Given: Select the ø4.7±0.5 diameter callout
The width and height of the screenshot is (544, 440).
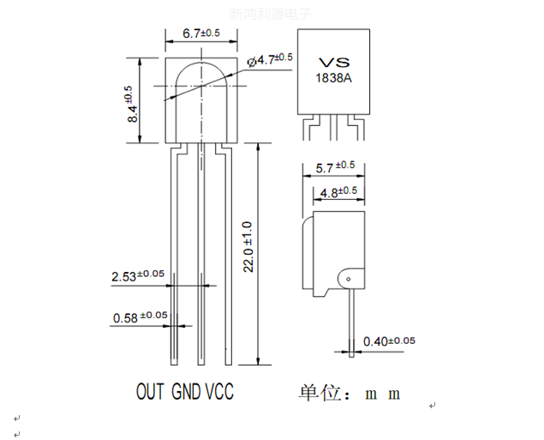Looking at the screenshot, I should [x=271, y=60].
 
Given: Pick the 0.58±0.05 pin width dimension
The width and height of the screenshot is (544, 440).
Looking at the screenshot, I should [x=140, y=317].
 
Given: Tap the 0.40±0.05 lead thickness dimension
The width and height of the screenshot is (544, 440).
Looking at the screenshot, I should [x=389, y=341].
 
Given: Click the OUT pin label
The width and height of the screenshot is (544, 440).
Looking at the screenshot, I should [x=152, y=392].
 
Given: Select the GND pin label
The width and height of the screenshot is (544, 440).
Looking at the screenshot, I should [x=186, y=392].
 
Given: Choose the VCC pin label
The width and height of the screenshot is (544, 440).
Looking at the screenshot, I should [x=218, y=392].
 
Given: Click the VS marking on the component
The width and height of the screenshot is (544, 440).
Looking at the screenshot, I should [x=334, y=62].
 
